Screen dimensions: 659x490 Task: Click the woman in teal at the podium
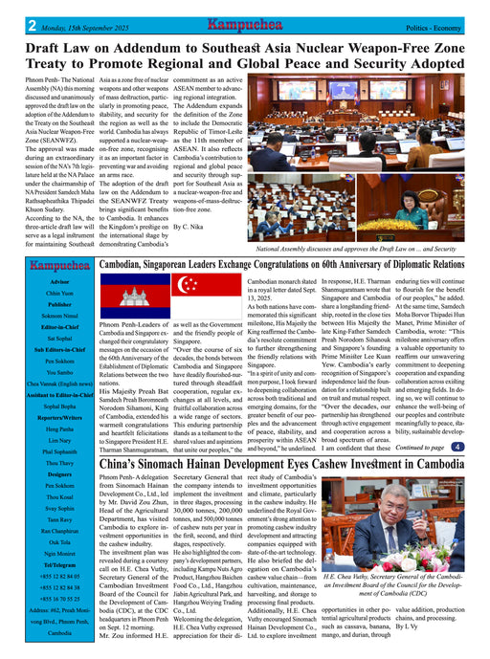point(424,202)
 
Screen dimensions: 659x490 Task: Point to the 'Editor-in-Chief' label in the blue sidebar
point(61,326)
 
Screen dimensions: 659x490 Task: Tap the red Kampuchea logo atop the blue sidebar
point(61,265)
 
